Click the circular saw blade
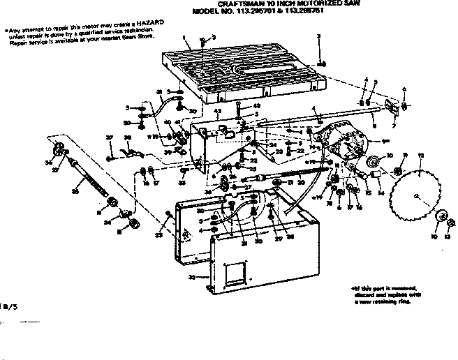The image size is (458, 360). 418,196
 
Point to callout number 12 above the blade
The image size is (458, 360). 420,154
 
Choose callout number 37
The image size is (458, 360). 109,137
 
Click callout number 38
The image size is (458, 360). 127,137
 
